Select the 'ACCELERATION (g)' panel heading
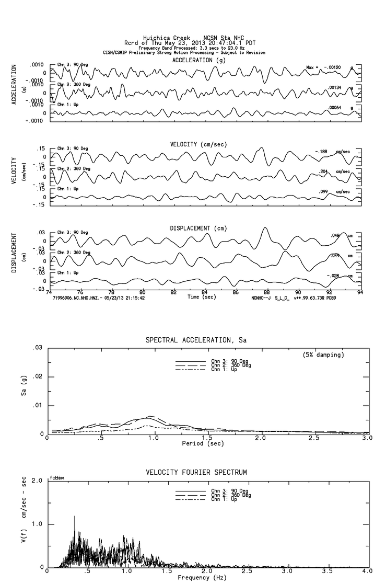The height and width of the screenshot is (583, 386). pyautogui.click(x=200, y=60)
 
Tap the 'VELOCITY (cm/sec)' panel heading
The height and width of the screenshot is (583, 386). pyautogui.click(x=199, y=144)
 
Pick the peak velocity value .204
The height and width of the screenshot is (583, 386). pyautogui.click(x=324, y=171)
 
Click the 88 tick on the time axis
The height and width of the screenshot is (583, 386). pyautogui.click(x=267, y=292)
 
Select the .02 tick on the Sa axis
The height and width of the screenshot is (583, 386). pyautogui.click(x=38, y=376)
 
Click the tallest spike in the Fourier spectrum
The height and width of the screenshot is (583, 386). pyautogui.click(x=75, y=517)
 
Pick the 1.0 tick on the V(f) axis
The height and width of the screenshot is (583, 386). pyautogui.click(x=37, y=524)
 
